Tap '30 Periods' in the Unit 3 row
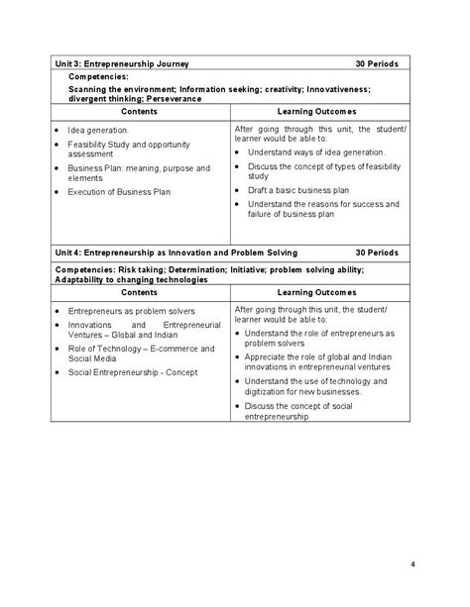376,63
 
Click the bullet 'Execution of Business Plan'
120,191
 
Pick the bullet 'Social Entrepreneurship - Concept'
132,372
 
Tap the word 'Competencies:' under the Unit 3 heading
98,76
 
